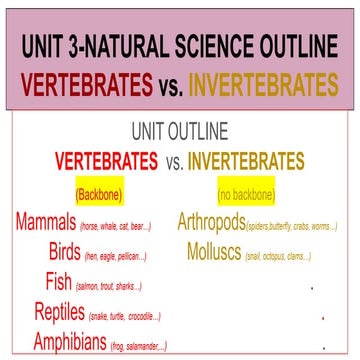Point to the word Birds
(64, 251)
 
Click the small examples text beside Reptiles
(131, 316)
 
